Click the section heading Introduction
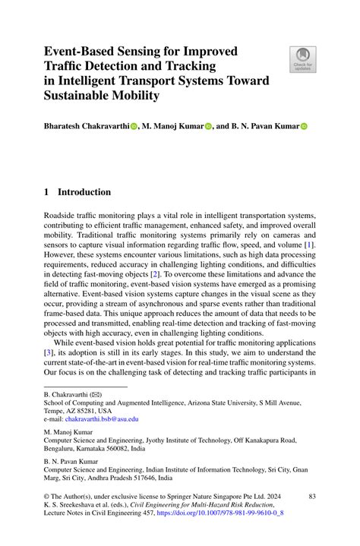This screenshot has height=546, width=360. click(x=84, y=192)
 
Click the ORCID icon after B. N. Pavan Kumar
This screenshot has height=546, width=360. click(x=303, y=128)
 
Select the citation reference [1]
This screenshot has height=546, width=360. click(x=309, y=245)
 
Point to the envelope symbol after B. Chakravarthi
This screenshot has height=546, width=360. click(x=96, y=396)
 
